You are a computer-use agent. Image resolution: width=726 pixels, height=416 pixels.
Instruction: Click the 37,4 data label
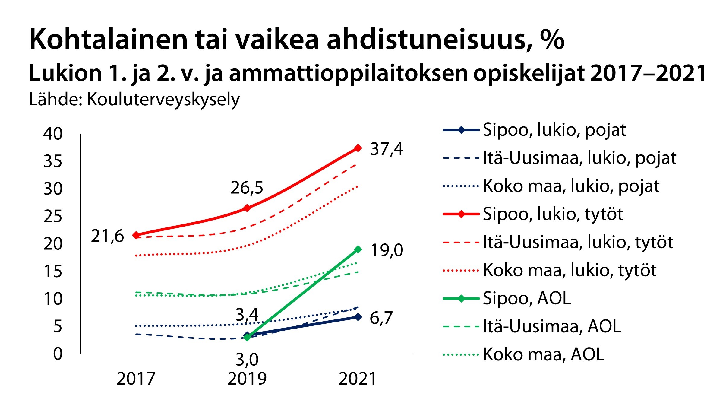pos(386,149)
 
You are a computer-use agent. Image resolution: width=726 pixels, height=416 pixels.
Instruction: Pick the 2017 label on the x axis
pos(136,379)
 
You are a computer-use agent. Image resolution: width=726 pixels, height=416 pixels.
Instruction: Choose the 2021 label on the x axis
pos(358,379)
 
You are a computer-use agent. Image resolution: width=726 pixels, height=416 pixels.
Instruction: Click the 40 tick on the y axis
pos(53,133)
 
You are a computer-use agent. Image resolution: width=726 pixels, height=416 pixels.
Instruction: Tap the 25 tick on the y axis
pos(53,216)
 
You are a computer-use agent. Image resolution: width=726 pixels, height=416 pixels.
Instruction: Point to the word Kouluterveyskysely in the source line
pos(163,100)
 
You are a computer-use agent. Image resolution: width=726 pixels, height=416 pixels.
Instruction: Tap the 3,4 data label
pos(247,315)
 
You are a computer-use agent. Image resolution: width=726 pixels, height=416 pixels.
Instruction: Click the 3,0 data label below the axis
pos(247,360)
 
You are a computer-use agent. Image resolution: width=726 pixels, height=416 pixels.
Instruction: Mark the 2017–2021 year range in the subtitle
pos(648,73)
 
